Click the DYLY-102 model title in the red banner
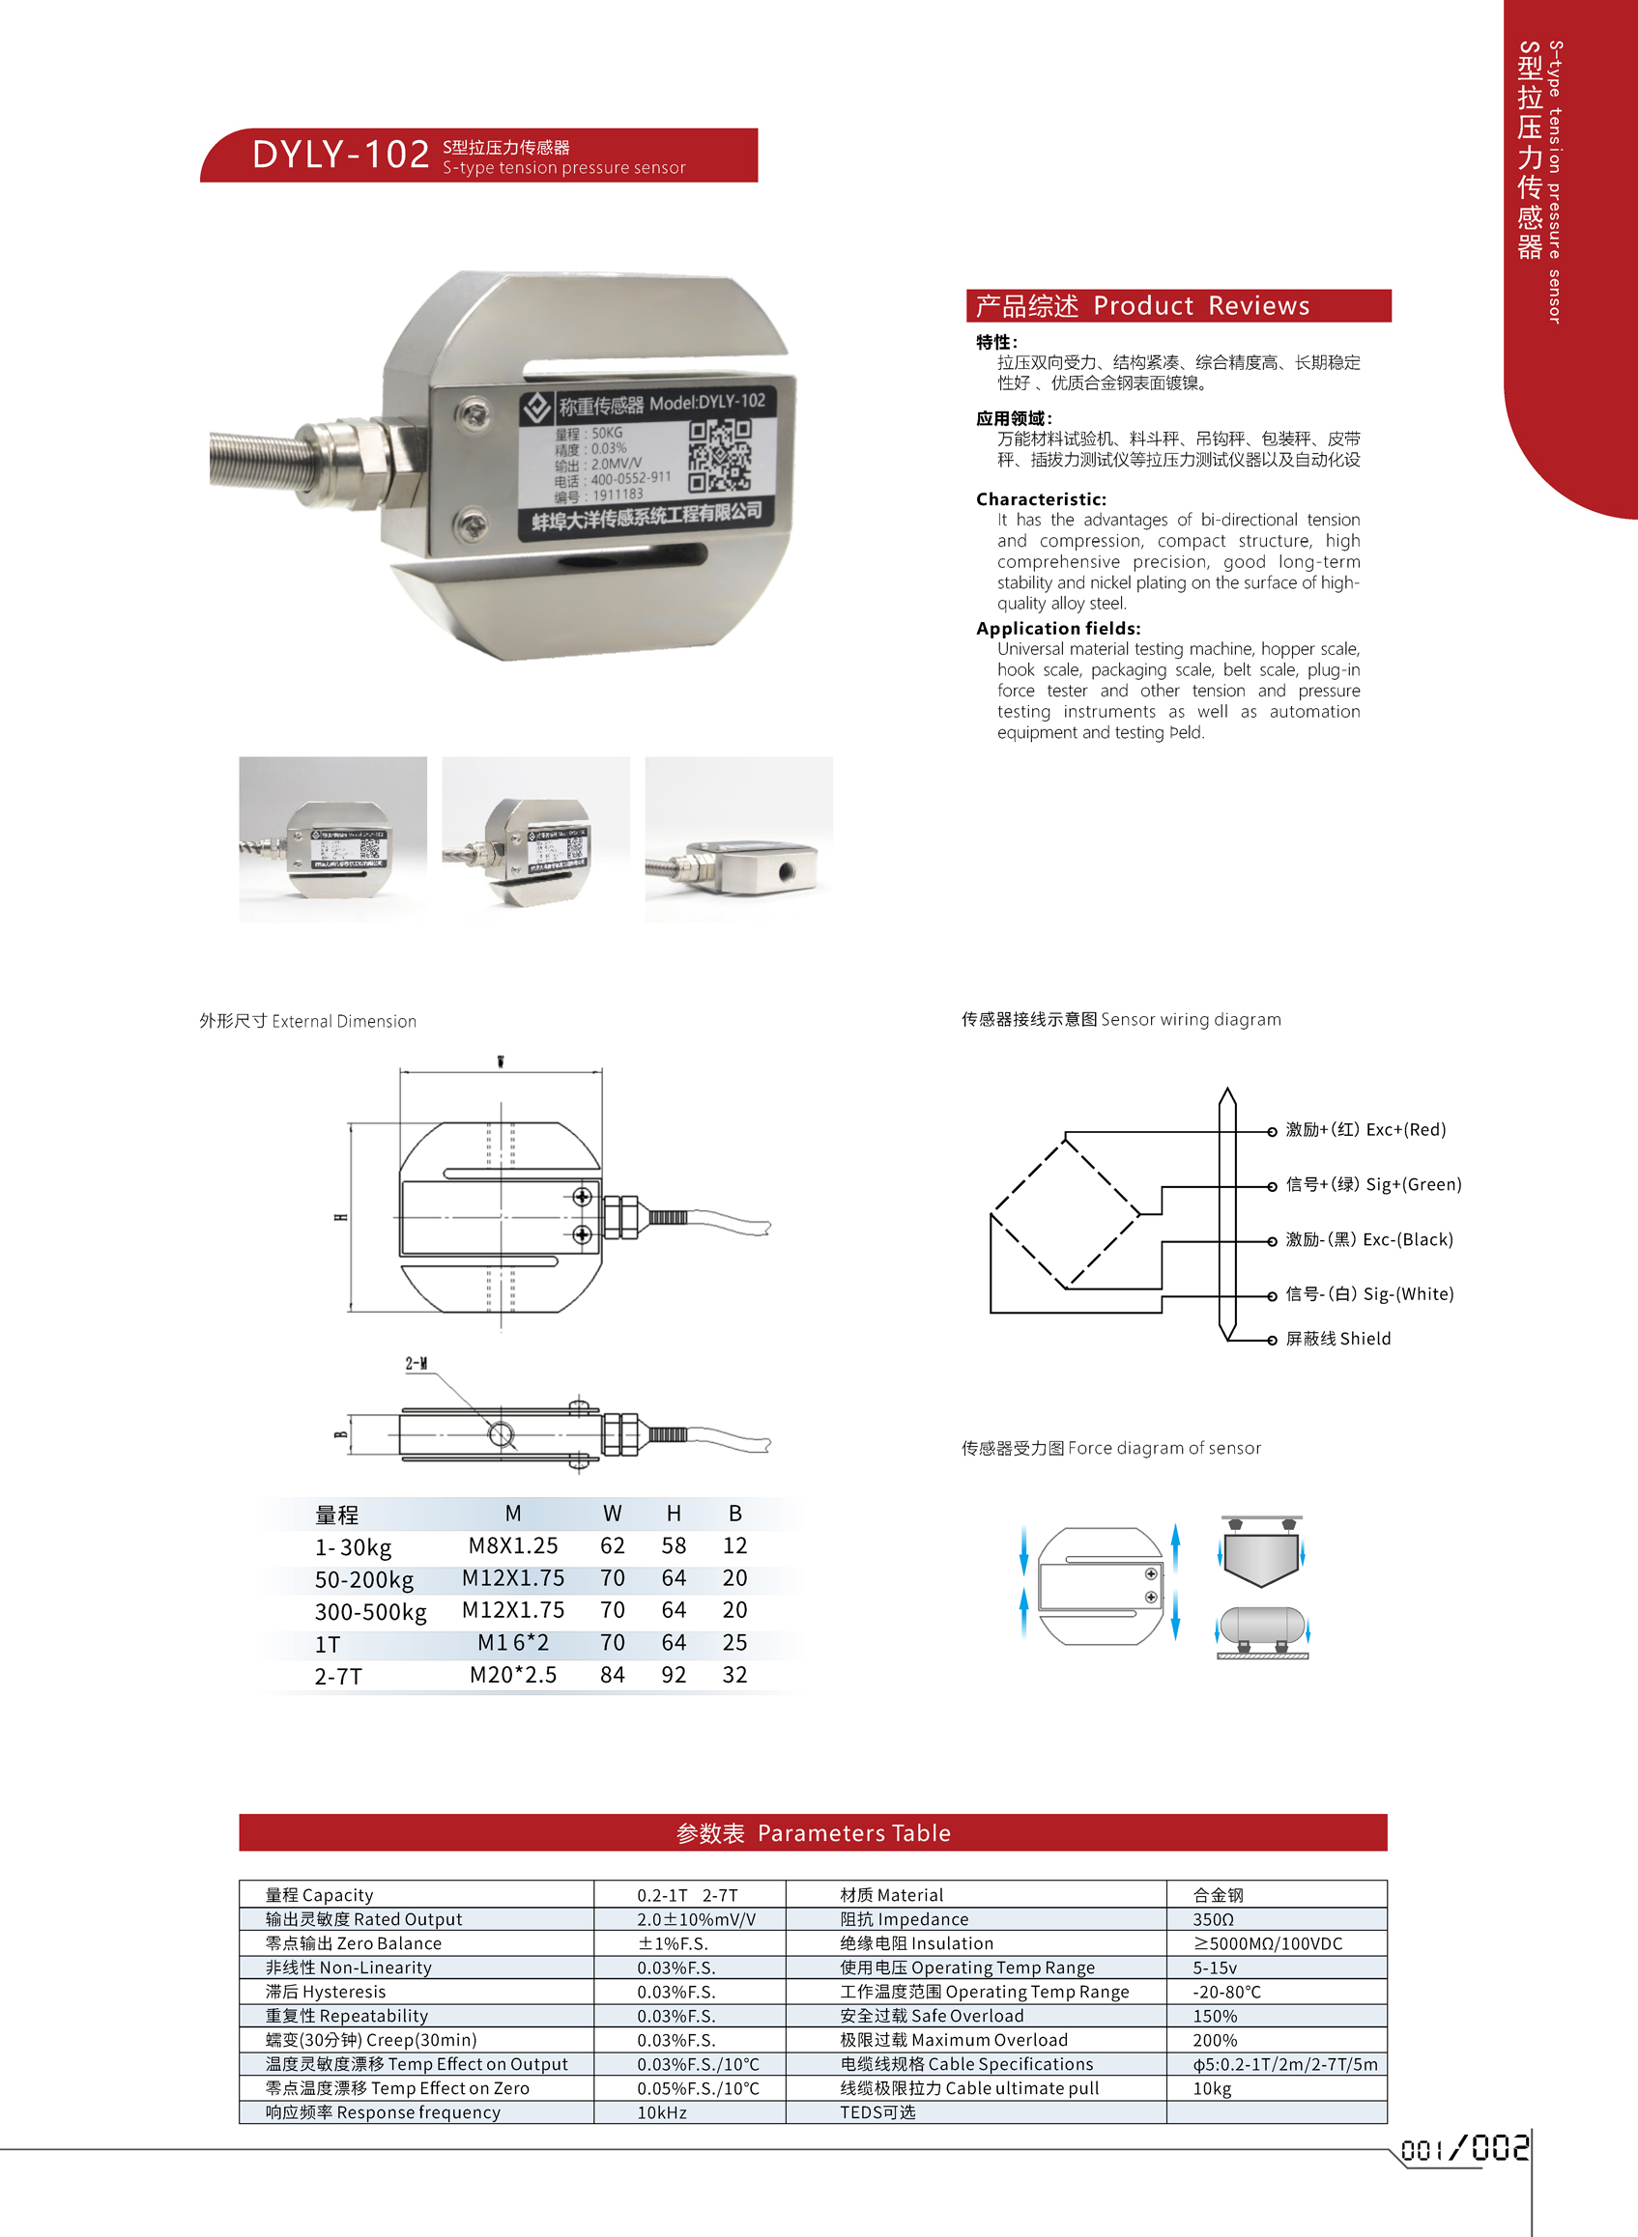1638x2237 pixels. click(x=340, y=155)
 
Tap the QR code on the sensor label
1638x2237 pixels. click(x=720, y=455)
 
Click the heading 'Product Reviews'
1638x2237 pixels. click(x=1201, y=305)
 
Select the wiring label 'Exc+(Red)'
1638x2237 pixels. click(x=1405, y=1129)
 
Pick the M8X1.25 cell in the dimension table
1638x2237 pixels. click(x=512, y=1545)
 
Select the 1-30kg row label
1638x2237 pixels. click(x=353, y=1547)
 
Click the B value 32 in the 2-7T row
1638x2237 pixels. click(x=734, y=1674)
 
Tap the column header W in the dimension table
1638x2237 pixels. click(x=612, y=1514)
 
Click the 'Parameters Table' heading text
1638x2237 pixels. click(x=852, y=1832)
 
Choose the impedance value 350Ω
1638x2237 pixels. click(x=1213, y=1919)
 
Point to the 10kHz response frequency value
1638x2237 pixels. click(x=661, y=2112)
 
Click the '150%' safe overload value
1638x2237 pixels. click(x=1215, y=2016)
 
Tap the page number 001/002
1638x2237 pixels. click(x=1463, y=2149)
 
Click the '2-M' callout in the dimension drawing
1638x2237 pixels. click(x=417, y=1364)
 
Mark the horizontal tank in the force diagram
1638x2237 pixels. click(x=1261, y=1626)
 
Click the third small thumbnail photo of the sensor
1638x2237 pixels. click(x=738, y=839)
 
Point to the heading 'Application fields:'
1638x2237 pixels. click(x=1058, y=629)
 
